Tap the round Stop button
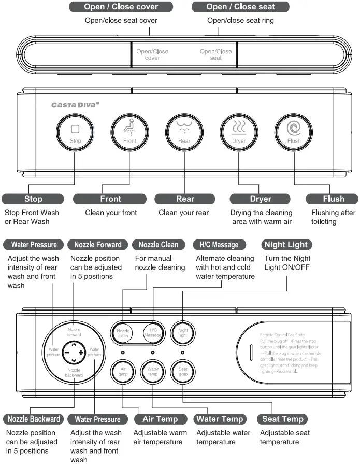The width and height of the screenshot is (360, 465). click(x=75, y=132)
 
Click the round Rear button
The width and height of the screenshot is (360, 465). click(x=184, y=132)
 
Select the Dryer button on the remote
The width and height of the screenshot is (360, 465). click(x=239, y=132)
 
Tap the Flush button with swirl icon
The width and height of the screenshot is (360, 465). click(x=294, y=132)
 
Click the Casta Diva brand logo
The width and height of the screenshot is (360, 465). click(x=75, y=104)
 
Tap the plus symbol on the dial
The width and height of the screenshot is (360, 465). click(x=81, y=353)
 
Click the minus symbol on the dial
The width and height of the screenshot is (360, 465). click(x=67, y=353)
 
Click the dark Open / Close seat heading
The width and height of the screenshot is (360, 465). click(x=240, y=7)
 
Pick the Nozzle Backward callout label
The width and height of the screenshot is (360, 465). click(x=34, y=419)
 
